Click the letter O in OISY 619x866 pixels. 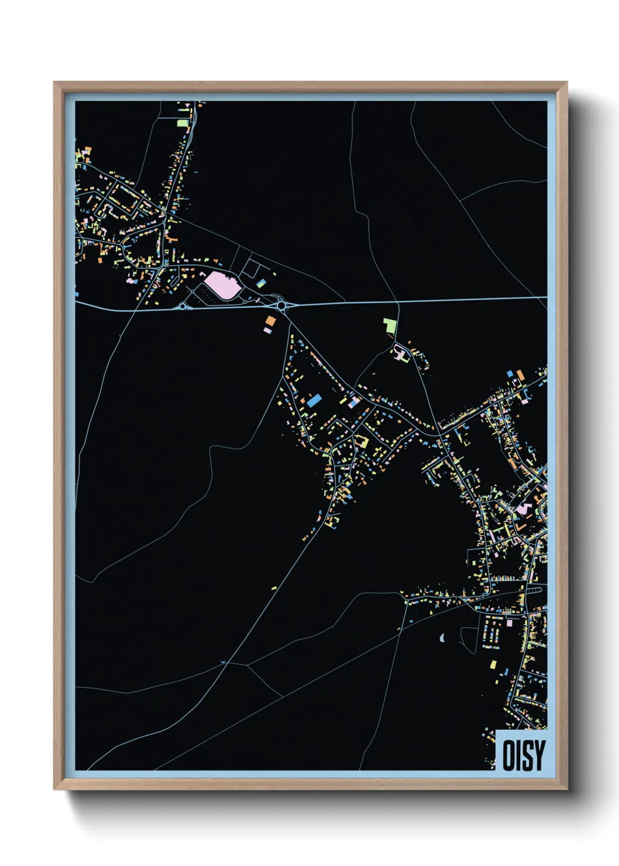point(508,755)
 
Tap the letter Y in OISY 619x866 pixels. point(539,755)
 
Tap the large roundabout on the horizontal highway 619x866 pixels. point(282,305)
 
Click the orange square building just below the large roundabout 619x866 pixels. point(270,321)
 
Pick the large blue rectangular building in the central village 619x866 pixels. point(314,400)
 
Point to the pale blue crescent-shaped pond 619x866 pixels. point(442,637)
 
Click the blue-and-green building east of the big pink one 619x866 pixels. point(260,283)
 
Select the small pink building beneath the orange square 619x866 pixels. point(267,331)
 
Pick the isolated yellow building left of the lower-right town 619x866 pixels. point(274,587)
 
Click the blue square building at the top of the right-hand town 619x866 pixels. point(510,373)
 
